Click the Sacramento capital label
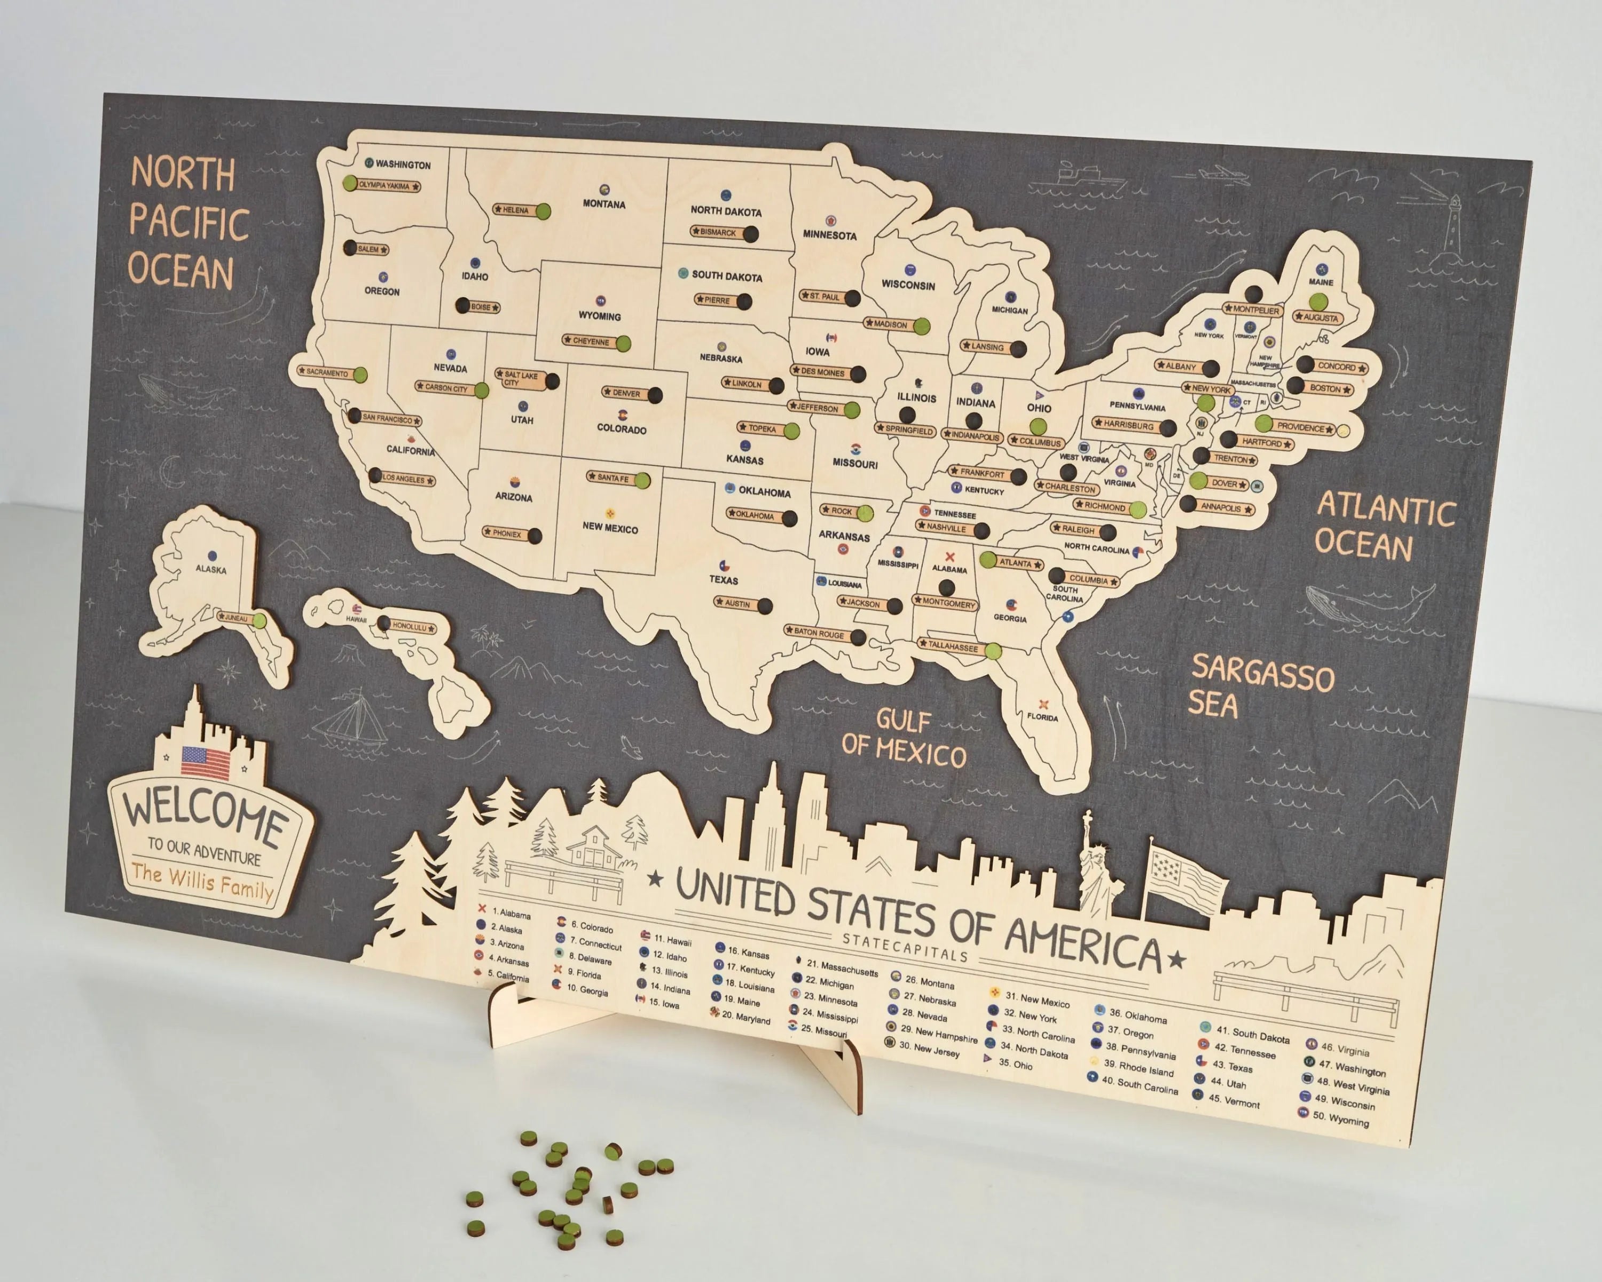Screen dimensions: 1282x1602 326,372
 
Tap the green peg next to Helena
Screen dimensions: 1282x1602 543,211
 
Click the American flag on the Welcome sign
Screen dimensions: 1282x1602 205,762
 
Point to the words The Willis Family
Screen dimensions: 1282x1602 202,881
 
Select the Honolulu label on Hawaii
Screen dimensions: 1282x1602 410,627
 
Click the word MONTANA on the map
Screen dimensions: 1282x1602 603,205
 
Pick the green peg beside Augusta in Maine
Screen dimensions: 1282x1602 1317,302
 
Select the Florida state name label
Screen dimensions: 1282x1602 1042,717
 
